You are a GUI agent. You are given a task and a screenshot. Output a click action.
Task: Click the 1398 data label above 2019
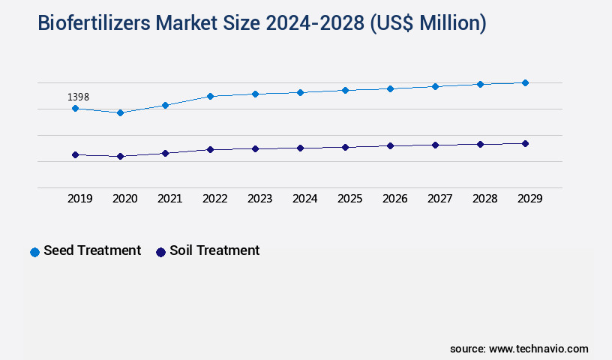pos(79,97)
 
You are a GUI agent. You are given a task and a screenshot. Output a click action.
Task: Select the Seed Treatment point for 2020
pos(120,112)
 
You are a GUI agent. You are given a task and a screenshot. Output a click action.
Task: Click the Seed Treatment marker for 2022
pos(210,96)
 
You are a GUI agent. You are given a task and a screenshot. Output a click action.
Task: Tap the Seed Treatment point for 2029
pos(525,82)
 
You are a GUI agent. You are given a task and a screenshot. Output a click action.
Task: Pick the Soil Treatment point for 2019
pos(75,154)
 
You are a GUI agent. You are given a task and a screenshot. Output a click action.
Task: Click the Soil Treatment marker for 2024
pos(300,148)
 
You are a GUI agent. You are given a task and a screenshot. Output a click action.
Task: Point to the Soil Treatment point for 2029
pos(525,143)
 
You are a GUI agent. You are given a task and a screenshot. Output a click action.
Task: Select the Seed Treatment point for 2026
pos(390,88)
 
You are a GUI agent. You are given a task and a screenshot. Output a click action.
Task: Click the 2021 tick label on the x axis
pos(169,199)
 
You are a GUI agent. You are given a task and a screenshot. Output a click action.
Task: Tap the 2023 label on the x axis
pos(259,199)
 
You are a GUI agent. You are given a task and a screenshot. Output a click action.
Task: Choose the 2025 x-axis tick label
pos(349,199)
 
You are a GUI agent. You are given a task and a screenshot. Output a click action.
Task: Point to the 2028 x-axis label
pos(484,199)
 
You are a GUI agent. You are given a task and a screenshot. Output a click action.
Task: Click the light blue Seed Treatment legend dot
pos(34,252)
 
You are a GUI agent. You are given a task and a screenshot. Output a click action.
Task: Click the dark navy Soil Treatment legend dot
pos(160,252)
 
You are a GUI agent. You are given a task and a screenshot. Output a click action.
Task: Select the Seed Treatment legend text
pos(92,250)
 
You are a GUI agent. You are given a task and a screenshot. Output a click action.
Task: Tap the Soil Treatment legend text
pos(214,250)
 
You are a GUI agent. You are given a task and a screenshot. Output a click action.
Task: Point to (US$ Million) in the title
pos(427,24)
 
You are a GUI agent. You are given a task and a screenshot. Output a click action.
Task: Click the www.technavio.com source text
pos(538,349)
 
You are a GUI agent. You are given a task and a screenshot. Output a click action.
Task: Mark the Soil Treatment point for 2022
pos(210,149)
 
